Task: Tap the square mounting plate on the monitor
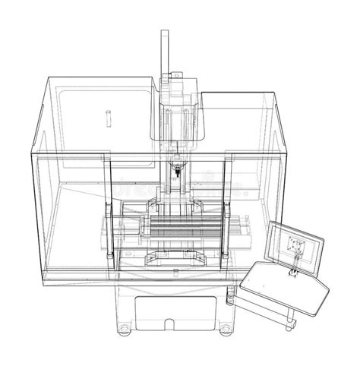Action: [295, 244]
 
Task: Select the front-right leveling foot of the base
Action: [226, 329]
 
